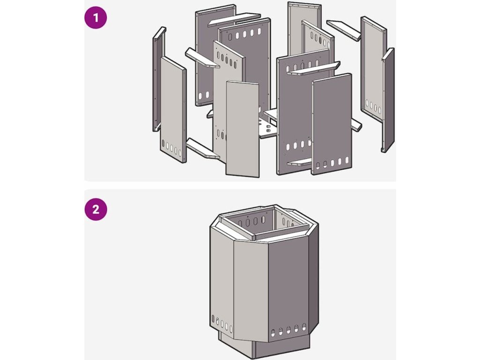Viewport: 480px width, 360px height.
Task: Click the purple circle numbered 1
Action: (x=96, y=19)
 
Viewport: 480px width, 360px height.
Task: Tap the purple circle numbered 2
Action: (x=96, y=210)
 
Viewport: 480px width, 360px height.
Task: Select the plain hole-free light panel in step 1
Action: (x=242, y=129)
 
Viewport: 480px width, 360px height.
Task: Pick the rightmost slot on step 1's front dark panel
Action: (x=347, y=161)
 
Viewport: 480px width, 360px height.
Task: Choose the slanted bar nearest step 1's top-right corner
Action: (x=344, y=29)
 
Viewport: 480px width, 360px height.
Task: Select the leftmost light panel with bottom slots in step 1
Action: (x=173, y=110)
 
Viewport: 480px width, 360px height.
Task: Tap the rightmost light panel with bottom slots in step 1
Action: (x=373, y=70)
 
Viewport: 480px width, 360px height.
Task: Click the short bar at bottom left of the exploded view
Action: (x=202, y=150)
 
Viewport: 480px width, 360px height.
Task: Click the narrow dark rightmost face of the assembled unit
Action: (x=313, y=281)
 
